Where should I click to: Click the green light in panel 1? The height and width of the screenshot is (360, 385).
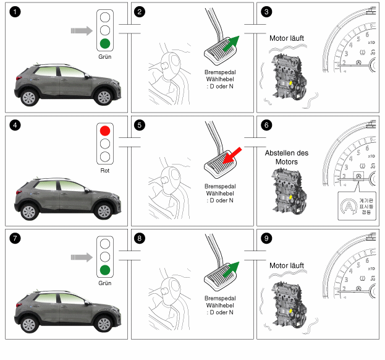click(105, 43)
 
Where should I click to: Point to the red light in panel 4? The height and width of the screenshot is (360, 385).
click(105, 131)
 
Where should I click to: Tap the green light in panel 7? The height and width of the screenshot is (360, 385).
click(105, 270)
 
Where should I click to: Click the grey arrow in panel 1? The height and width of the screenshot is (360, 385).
click(80, 30)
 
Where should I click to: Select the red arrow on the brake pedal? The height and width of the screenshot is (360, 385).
click(232, 155)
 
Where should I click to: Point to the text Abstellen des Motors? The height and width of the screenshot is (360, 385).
click(286, 157)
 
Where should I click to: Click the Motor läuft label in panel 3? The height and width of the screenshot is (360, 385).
click(287, 38)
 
